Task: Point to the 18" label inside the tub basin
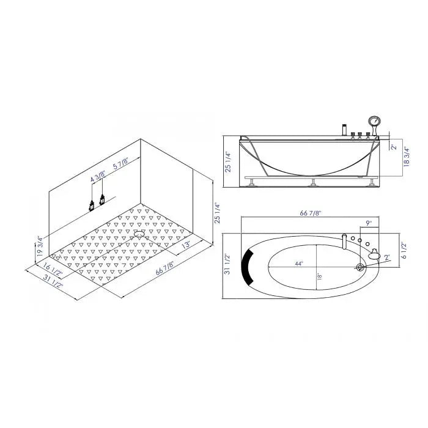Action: pyautogui.click(x=319, y=276)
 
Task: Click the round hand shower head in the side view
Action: pyautogui.click(x=372, y=121)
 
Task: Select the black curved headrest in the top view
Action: pyautogui.click(x=249, y=267)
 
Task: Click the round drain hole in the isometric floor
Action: pyautogui.click(x=138, y=232)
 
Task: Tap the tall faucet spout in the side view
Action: pyautogui.click(x=344, y=129)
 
